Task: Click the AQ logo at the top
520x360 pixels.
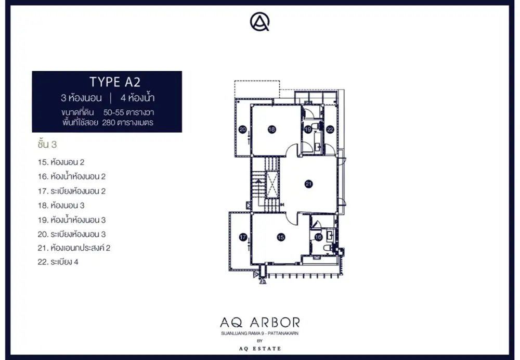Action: [259, 21]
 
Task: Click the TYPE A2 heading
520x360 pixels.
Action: [115, 82]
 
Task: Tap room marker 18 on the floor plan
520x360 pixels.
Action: [272, 130]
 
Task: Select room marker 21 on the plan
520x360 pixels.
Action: [309, 184]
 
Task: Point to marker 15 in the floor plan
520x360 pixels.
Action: [281, 237]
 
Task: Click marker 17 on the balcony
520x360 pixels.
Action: [243, 237]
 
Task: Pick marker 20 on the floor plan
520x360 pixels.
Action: [243, 130]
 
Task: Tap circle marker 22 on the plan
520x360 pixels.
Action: [330, 130]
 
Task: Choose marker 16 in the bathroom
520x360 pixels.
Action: [318, 237]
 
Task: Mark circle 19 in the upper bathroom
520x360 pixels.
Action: [308, 130]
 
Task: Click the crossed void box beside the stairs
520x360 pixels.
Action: [272, 185]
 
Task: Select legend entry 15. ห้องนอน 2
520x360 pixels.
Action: [61, 162]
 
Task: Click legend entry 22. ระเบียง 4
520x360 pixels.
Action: [58, 262]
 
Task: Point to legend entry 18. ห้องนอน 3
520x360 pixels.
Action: [61, 205]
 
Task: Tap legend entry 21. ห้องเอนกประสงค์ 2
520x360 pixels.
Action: [74, 248]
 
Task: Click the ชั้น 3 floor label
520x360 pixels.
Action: [47, 144]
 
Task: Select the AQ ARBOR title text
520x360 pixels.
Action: [260, 322]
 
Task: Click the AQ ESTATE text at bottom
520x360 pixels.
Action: [260, 349]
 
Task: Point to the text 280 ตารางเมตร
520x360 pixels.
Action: [128, 123]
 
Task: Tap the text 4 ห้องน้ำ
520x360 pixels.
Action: [137, 98]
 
